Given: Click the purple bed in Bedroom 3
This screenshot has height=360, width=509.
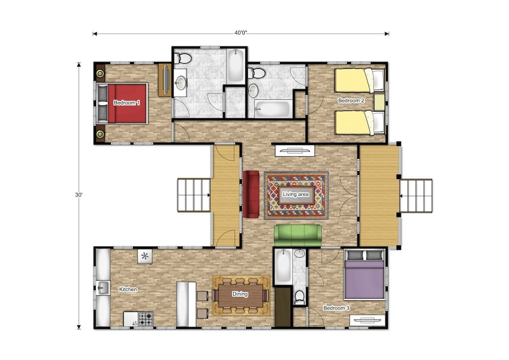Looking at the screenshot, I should [x=364, y=279].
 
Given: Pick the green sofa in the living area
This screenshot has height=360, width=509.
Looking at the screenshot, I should [x=298, y=235].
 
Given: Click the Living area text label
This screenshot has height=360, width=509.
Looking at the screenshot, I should [x=296, y=195].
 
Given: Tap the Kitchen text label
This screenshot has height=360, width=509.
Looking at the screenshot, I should [x=128, y=289].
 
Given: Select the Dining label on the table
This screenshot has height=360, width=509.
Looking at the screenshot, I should [x=240, y=294].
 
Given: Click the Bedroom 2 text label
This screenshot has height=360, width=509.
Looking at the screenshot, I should [x=351, y=100].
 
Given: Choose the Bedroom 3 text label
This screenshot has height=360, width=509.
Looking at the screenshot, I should [x=336, y=308].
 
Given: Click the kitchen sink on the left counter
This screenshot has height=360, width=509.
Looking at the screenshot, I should [x=103, y=289].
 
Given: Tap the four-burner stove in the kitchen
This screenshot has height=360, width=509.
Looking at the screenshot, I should [x=146, y=319].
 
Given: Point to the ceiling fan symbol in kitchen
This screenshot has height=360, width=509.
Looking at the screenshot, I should [x=145, y=256].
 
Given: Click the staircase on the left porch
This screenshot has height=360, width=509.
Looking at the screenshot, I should [x=194, y=195].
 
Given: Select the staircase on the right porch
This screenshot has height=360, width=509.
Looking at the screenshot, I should [x=416, y=196].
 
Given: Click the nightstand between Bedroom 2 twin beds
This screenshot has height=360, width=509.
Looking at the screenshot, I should [x=379, y=102].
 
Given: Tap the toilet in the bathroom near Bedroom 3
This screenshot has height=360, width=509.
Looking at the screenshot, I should [x=300, y=297].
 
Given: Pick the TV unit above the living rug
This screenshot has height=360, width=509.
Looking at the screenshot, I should [x=295, y=151].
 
